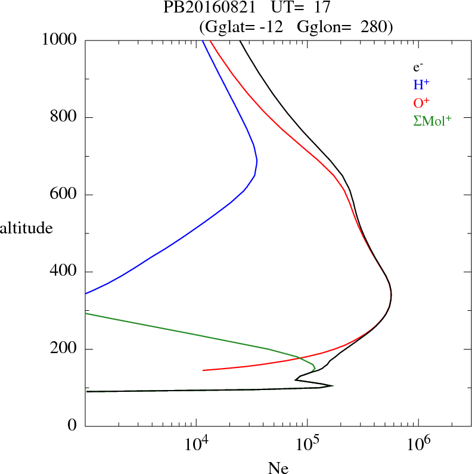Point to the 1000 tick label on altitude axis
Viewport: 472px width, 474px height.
60,40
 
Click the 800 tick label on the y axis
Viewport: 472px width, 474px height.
64,117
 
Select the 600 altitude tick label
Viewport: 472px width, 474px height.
64,195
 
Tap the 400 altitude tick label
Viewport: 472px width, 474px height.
64,272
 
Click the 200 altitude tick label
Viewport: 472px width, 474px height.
64,349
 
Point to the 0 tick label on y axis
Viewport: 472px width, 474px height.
73,426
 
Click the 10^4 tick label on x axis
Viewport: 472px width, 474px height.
196,444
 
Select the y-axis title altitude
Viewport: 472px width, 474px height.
26,227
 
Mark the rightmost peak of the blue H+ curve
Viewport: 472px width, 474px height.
257,161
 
